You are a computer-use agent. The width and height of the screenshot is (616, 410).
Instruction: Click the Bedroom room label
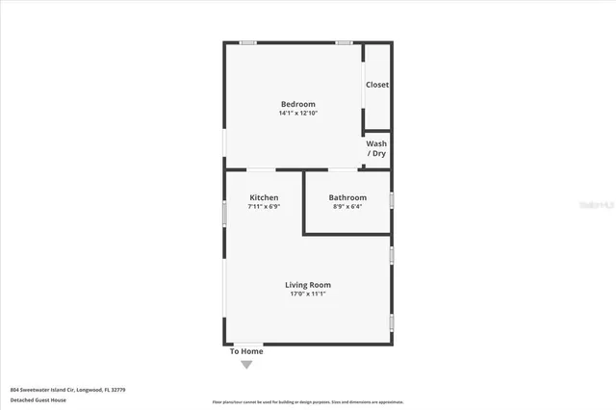(297, 104)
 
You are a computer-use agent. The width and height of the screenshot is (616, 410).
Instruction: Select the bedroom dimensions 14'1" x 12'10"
(297, 114)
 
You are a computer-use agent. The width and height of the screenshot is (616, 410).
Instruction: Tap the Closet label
(377, 85)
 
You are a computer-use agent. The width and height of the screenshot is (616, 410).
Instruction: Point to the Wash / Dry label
(376, 148)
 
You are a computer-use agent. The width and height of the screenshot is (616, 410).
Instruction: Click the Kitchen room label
(264, 197)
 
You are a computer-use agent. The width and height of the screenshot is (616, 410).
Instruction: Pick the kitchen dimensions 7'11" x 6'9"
(264, 206)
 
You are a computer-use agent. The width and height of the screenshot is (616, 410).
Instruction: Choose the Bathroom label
(349, 197)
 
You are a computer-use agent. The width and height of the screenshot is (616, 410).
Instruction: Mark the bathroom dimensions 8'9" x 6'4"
(349, 206)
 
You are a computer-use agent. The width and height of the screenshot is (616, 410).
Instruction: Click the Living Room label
(308, 285)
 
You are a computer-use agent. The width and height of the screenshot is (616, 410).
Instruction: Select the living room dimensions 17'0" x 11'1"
(308, 295)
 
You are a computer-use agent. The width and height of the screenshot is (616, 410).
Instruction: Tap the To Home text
(246, 351)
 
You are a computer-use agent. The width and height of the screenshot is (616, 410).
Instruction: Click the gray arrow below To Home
(246, 364)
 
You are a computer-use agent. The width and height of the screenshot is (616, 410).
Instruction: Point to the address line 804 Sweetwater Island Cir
(67, 390)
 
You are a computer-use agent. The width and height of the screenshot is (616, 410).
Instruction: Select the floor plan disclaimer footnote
(308, 400)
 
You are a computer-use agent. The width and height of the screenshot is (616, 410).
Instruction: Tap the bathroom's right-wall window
(392, 200)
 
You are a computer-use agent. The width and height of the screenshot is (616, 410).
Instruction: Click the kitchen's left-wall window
(224, 213)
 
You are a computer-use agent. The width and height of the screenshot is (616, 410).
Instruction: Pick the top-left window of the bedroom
(247, 42)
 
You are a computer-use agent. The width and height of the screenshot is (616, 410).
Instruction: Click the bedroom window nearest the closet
(344, 42)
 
